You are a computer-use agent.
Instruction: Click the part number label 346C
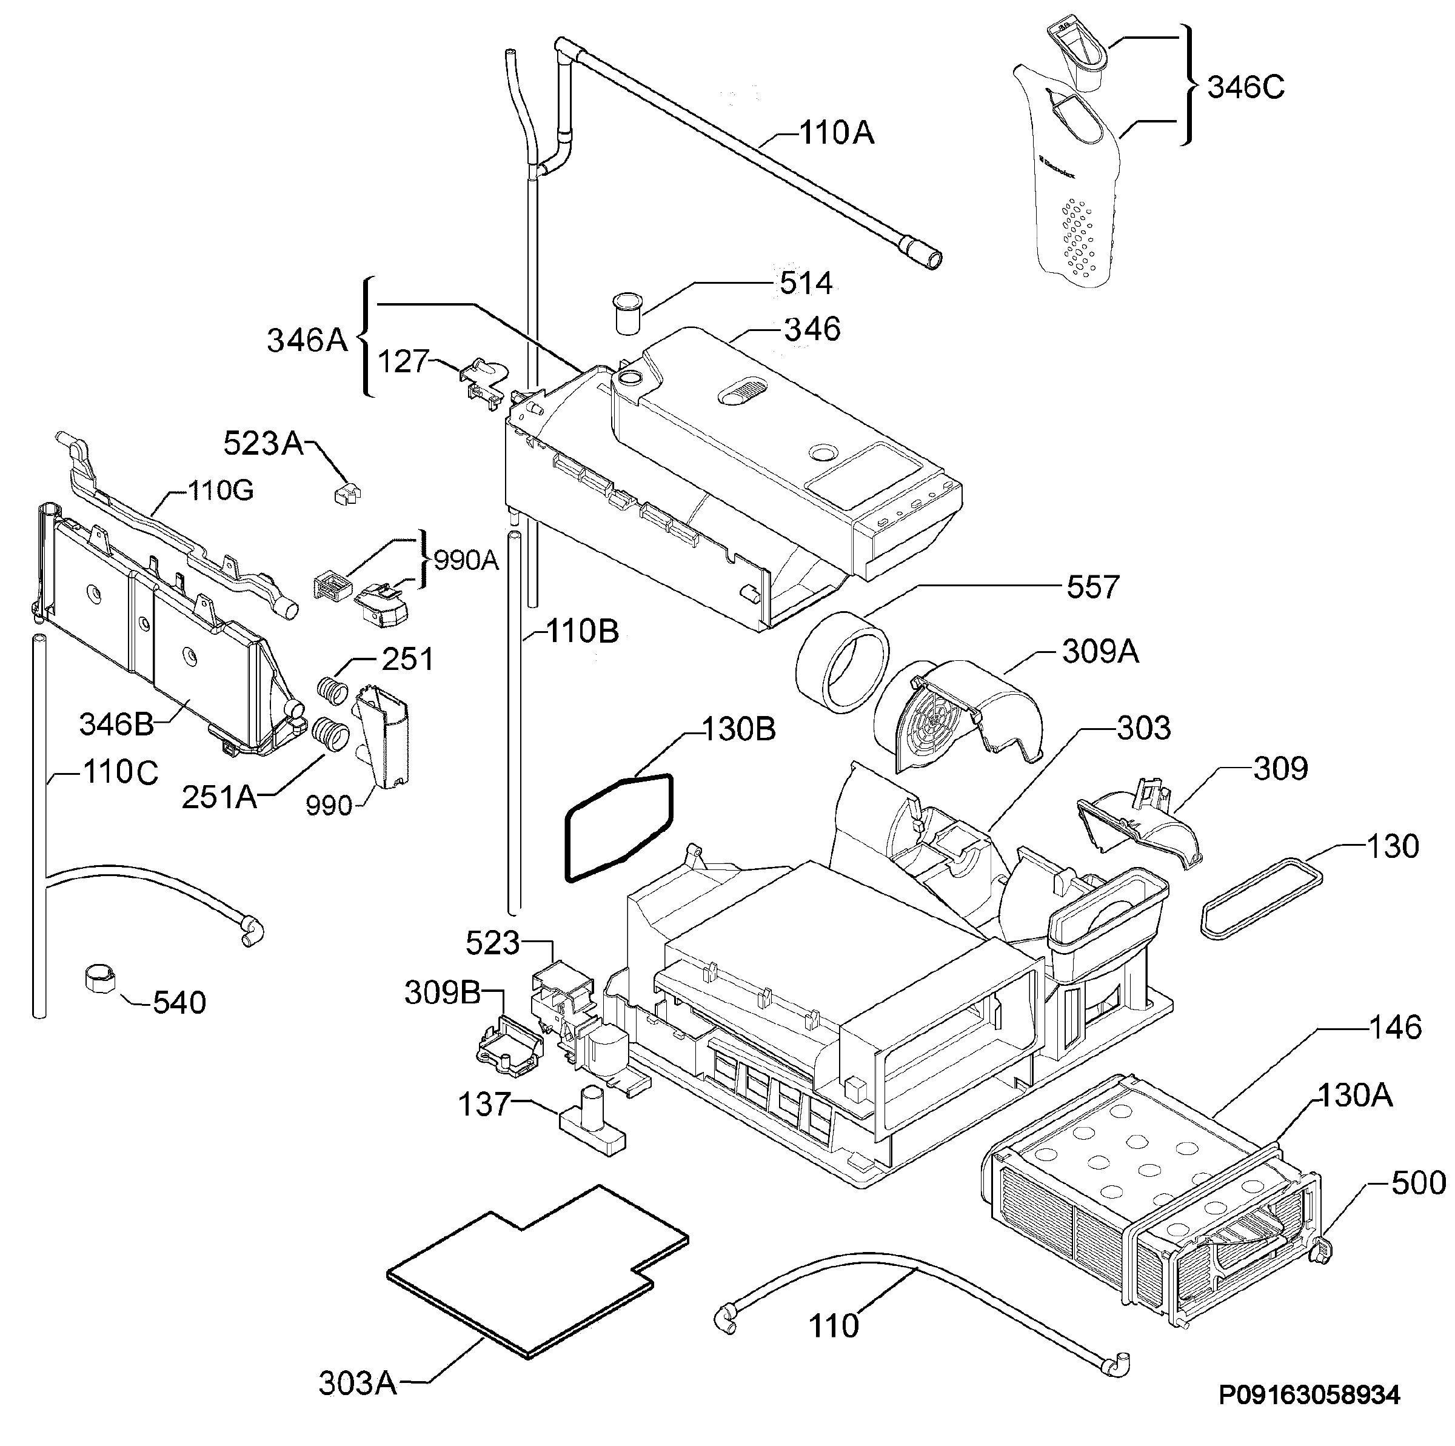click(1246, 88)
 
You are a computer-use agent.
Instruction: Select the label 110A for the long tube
click(836, 133)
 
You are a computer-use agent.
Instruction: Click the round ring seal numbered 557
click(842, 662)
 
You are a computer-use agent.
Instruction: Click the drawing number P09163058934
click(1309, 1395)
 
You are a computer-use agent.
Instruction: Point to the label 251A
click(219, 797)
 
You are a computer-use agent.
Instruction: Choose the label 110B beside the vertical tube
click(582, 632)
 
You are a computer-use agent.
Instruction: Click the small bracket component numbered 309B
click(509, 1043)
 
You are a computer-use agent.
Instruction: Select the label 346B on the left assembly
click(117, 725)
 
